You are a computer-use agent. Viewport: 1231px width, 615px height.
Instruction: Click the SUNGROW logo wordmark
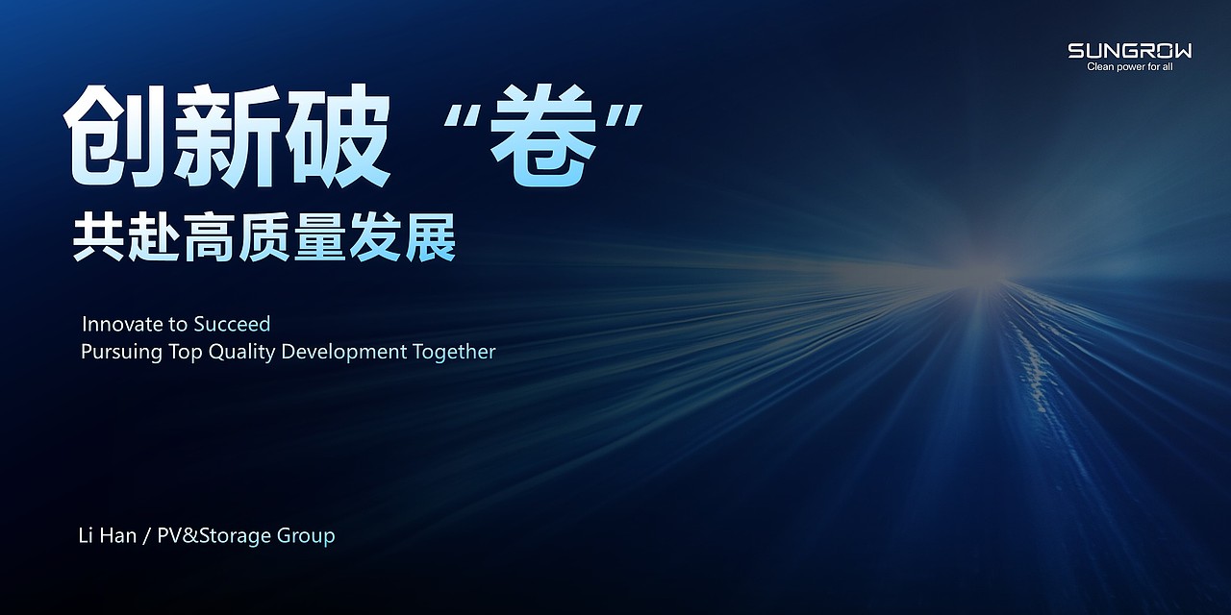point(1129,51)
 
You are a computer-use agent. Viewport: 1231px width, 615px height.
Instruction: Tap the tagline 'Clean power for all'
point(1129,67)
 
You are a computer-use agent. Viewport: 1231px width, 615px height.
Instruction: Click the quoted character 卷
point(546,137)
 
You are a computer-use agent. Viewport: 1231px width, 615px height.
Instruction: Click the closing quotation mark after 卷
point(628,113)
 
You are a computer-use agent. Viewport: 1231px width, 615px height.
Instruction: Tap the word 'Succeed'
point(232,324)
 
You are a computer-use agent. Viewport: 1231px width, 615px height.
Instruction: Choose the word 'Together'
point(454,352)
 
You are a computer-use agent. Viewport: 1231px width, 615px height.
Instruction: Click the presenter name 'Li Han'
point(107,535)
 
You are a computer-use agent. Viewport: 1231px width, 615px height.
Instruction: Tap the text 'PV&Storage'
point(214,535)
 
